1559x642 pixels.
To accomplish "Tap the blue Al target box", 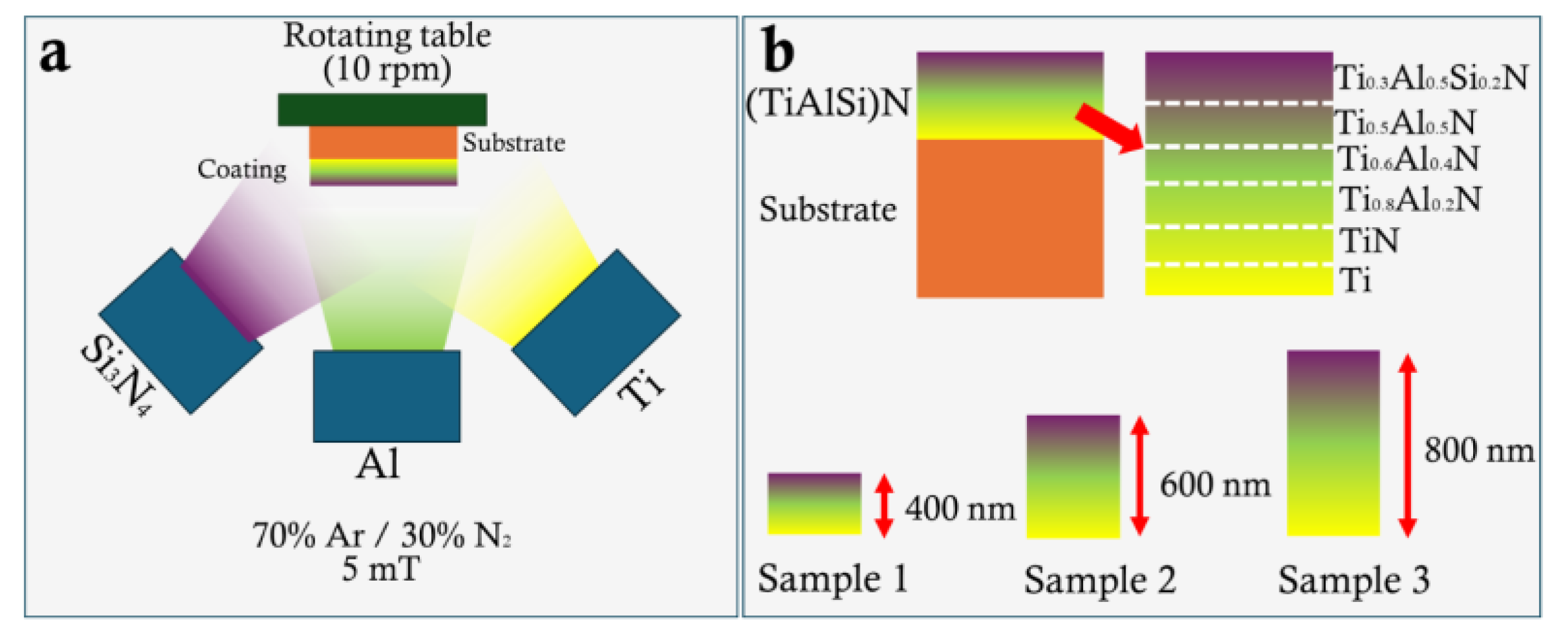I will (x=386, y=396).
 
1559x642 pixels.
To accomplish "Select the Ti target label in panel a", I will (x=639, y=387).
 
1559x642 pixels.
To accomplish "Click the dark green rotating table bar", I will (x=382, y=109).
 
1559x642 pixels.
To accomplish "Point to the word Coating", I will (x=242, y=169).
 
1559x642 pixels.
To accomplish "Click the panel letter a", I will (x=54, y=54).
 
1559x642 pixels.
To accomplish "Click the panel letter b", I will (x=778, y=50).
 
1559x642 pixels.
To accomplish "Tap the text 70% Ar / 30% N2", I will (x=381, y=535).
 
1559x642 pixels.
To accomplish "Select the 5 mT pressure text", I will (x=380, y=569).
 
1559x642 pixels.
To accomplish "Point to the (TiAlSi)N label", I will (x=828, y=103).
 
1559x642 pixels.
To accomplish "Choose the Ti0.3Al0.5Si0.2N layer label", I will (x=1431, y=79).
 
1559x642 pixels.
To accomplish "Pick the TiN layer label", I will (x=1369, y=241).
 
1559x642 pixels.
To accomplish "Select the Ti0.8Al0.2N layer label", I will (x=1410, y=199).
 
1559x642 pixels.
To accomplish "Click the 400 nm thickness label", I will (x=960, y=508).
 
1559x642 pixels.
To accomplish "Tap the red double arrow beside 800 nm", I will (x=1407, y=445).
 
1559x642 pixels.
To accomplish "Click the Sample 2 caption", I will (x=1100, y=579).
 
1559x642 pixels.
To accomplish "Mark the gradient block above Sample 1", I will (x=814, y=503).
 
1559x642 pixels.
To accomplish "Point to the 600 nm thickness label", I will (x=1215, y=485).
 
